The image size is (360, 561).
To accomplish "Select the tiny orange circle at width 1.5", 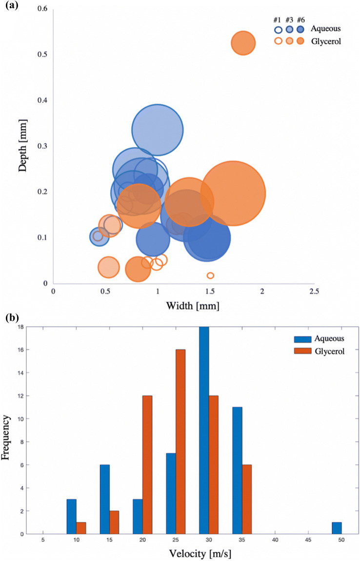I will tap(210, 276).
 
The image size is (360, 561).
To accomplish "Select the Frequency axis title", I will tap(7, 430).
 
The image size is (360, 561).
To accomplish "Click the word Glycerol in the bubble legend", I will tap(325, 41).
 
